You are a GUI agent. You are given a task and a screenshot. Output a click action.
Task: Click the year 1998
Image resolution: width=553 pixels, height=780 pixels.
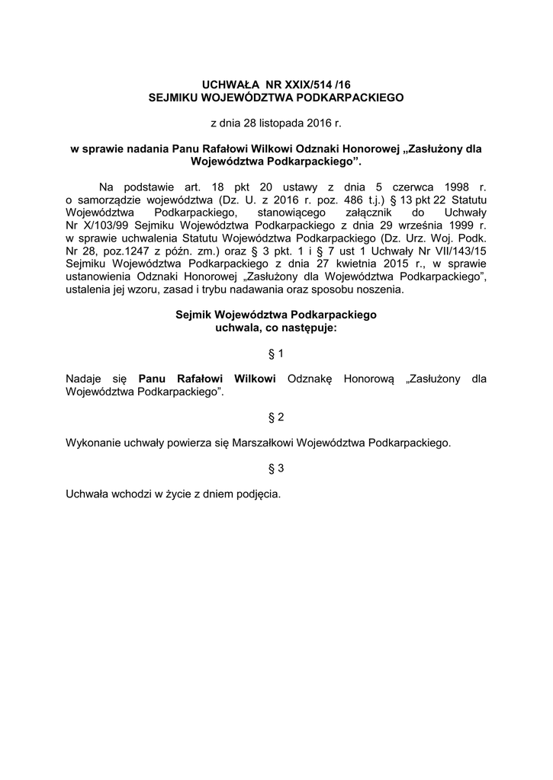pyautogui.click(x=461, y=186)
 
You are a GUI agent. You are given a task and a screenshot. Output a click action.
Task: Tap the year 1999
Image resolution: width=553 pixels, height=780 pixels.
pyautogui.click(x=461, y=226)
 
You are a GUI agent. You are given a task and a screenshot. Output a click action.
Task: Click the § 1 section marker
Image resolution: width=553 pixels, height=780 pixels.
pyautogui.click(x=276, y=353)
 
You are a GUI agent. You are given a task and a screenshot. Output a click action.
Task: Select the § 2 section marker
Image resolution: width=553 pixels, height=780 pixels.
pyautogui.click(x=276, y=417)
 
